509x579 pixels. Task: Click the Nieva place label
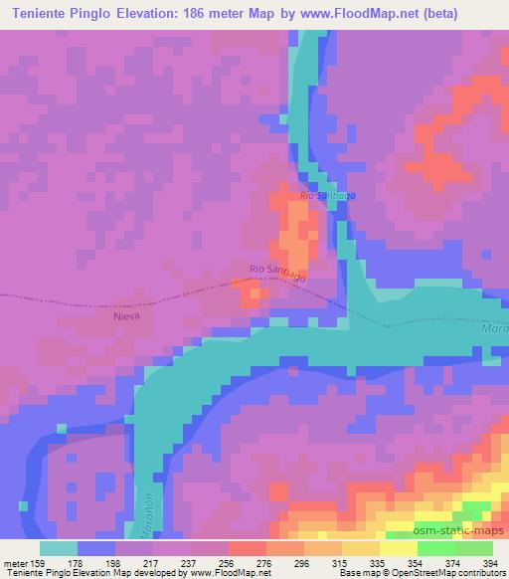[x=126, y=314]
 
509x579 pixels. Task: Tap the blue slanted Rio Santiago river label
[x=327, y=195]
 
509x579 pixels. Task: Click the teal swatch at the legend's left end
[x=58, y=548]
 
